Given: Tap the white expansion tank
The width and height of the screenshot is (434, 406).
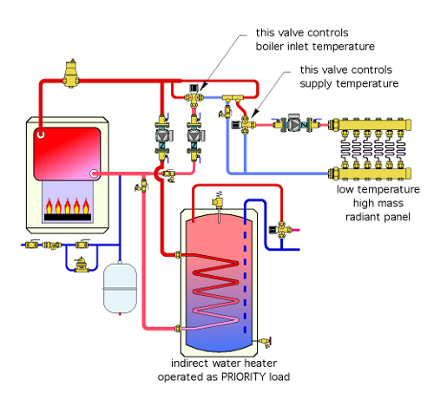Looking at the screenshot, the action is point(120,288).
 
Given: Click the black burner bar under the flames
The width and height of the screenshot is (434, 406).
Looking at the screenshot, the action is point(68,217).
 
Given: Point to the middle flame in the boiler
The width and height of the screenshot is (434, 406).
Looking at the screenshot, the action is point(68,206).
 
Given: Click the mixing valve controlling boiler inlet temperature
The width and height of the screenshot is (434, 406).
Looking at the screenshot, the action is point(194,97).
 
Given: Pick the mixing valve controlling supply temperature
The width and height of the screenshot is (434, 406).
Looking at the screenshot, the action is point(244,125).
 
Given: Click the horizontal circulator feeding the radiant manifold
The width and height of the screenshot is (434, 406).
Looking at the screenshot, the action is point(295,124).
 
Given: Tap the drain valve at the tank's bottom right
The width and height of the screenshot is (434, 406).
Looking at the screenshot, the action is point(265,342).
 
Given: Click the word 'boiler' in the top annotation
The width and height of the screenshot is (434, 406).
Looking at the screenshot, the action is point(270,46).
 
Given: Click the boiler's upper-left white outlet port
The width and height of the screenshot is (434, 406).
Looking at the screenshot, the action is point(41,134).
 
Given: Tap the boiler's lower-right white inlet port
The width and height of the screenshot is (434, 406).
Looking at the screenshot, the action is point(94,174).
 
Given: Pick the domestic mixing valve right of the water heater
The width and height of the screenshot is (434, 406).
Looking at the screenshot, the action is point(279,230).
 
